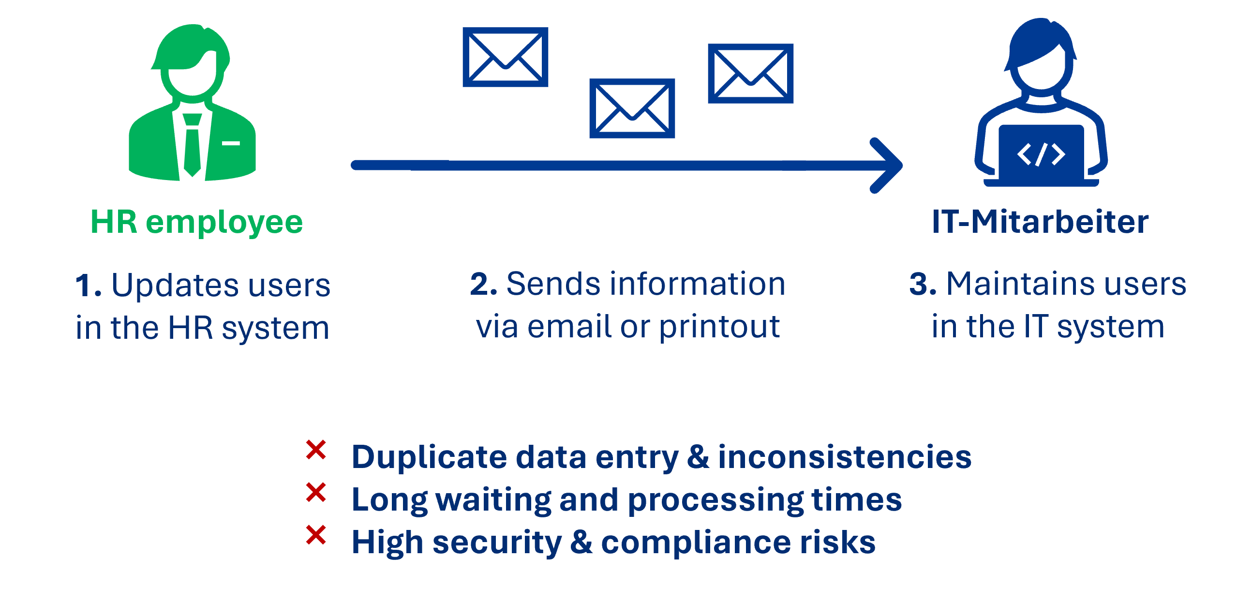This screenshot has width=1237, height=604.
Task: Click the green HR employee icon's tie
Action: (192, 145)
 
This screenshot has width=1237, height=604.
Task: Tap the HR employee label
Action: (196, 223)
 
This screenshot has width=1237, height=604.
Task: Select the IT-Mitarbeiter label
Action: (1040, 223)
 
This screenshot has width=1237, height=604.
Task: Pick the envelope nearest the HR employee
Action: (505, 57)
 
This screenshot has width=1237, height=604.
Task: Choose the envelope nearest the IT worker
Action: (750, 74)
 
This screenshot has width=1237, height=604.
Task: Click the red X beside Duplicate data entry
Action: (316, 450)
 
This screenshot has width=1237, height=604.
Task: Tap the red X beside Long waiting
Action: (316, 493)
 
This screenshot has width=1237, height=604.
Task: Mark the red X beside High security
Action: (316, 535)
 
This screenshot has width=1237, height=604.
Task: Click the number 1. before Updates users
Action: (89, 286)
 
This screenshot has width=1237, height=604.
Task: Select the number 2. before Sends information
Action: (483, 284)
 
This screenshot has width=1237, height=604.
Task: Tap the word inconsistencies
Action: (845, 457)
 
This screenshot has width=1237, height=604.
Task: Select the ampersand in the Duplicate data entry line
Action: (698, 457)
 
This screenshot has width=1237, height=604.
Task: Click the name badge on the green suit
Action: (231, 143)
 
